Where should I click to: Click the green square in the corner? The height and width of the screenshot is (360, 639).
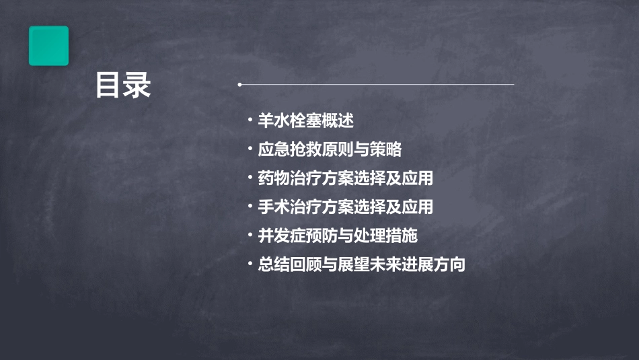click(48, 46)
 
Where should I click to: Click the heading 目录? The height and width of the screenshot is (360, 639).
click(123, 85)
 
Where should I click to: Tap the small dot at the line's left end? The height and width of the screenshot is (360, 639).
click(240, 85)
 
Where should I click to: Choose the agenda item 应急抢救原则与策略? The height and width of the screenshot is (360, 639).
click(330, 149)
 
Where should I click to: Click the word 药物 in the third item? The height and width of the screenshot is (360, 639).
click(272, 178)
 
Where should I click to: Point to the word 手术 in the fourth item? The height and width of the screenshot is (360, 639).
click(272, 207)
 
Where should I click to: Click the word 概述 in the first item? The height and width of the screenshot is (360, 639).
click(338, 121)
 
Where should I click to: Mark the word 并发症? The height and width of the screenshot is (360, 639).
click(280, 236)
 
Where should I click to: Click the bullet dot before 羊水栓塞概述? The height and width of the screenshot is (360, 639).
click(250, 121)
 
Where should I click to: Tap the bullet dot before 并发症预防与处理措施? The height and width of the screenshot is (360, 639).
click(250, 236)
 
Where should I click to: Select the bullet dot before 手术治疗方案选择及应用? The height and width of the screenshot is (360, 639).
click(250, 207)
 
